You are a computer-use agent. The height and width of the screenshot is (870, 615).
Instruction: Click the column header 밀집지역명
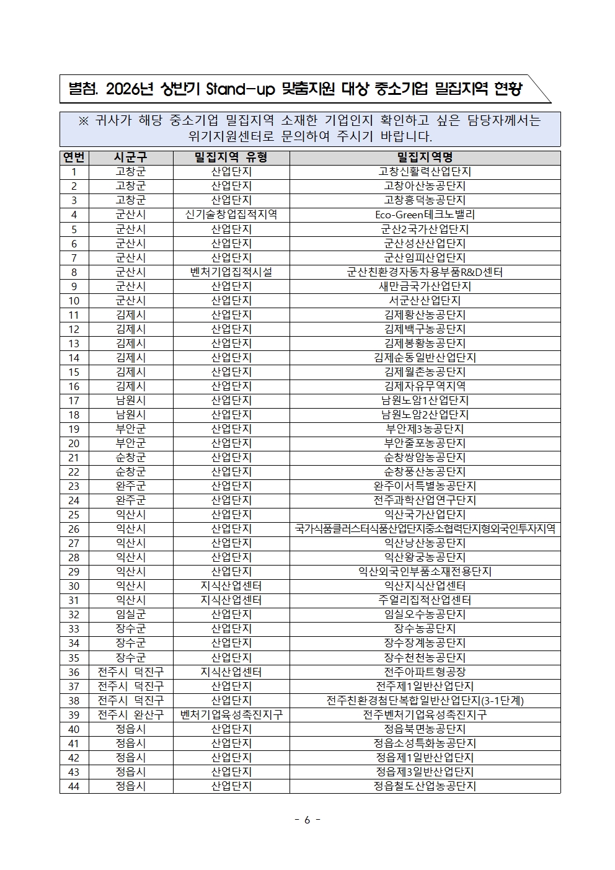click(425, 158)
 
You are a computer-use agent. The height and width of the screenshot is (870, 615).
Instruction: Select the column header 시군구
click(131, 158)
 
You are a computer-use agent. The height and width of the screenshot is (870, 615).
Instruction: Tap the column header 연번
click(74, 158)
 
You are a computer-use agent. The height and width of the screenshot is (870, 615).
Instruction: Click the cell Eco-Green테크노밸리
click(425, 215)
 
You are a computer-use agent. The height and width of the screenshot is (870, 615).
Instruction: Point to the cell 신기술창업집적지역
click(231, 215)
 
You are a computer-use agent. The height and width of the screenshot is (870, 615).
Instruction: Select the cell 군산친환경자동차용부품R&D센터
click(425, 272)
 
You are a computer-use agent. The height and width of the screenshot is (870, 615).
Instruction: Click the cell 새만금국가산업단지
click(425, 286)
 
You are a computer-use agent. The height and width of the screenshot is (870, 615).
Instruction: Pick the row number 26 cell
click(74, 529)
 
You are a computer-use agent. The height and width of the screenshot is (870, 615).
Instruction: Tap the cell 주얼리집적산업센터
click(425, 600)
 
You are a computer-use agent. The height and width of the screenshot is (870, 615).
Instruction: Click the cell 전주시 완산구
click(131, 714)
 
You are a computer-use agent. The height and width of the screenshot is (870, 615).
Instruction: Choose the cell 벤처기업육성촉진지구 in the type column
click(231, 714)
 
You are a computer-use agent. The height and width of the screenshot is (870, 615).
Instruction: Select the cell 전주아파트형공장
click(425, 672)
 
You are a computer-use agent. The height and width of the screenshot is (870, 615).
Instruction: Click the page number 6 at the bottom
click(307, 820)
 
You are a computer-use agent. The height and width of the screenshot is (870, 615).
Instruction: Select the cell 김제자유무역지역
click(425, 386)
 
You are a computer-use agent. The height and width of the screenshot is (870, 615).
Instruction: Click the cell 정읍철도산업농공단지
click(425, 786)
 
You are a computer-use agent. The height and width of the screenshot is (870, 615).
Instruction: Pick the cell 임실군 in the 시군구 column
click(131, 615)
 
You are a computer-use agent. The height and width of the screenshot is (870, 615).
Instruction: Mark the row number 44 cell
click(74, 786)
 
